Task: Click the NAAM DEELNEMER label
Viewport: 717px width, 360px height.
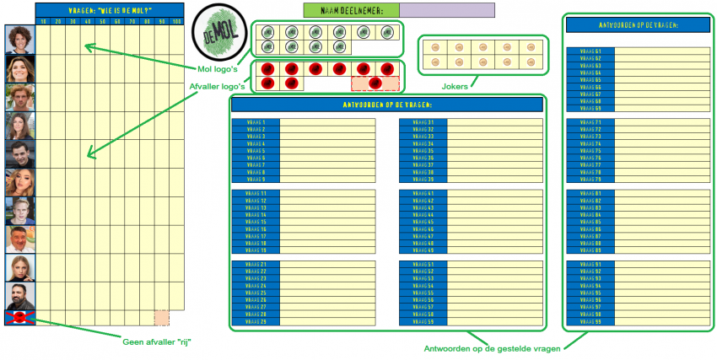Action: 350,10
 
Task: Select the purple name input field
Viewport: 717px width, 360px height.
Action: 447,10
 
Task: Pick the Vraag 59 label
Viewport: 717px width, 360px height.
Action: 423,321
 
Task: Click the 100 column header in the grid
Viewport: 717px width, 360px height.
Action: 175,20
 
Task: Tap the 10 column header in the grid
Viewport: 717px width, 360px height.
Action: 43,20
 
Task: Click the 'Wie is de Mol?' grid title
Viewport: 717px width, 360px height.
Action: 109,9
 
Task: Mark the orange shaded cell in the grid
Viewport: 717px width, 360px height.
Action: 160,317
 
